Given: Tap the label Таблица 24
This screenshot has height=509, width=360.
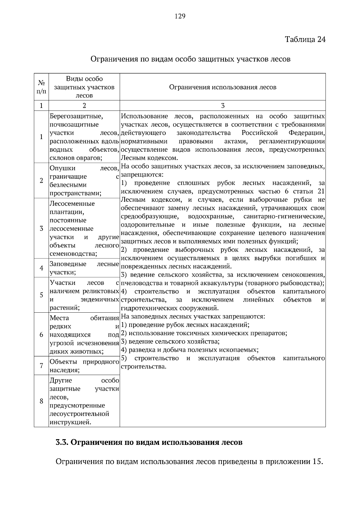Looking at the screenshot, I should (x=305, y=40).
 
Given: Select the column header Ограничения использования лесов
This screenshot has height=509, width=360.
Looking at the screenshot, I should (x=223, y=87).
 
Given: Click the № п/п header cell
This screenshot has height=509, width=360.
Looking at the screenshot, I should (x=41, y=87).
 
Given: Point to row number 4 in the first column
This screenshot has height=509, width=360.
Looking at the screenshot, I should (x=41, y=268).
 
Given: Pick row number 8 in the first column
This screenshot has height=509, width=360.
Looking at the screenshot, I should (x=41, y=401).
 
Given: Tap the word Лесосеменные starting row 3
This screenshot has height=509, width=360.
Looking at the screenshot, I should (x=72, y=204).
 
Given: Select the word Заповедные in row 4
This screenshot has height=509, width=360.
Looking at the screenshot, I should (x=68, y=264).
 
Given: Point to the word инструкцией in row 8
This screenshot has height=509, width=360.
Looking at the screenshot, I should (x=70, y=422).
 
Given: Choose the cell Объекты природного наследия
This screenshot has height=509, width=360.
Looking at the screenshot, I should (x=84, y=366).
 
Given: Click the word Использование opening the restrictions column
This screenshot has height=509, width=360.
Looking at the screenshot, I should (x=144, y=116).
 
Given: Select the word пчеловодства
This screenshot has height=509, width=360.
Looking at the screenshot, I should (x=140, y=283).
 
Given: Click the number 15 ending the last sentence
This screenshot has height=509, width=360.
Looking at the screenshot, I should (x=317, y=462).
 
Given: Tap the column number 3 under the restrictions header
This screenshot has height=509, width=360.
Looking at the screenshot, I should (x=223, y=106).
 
